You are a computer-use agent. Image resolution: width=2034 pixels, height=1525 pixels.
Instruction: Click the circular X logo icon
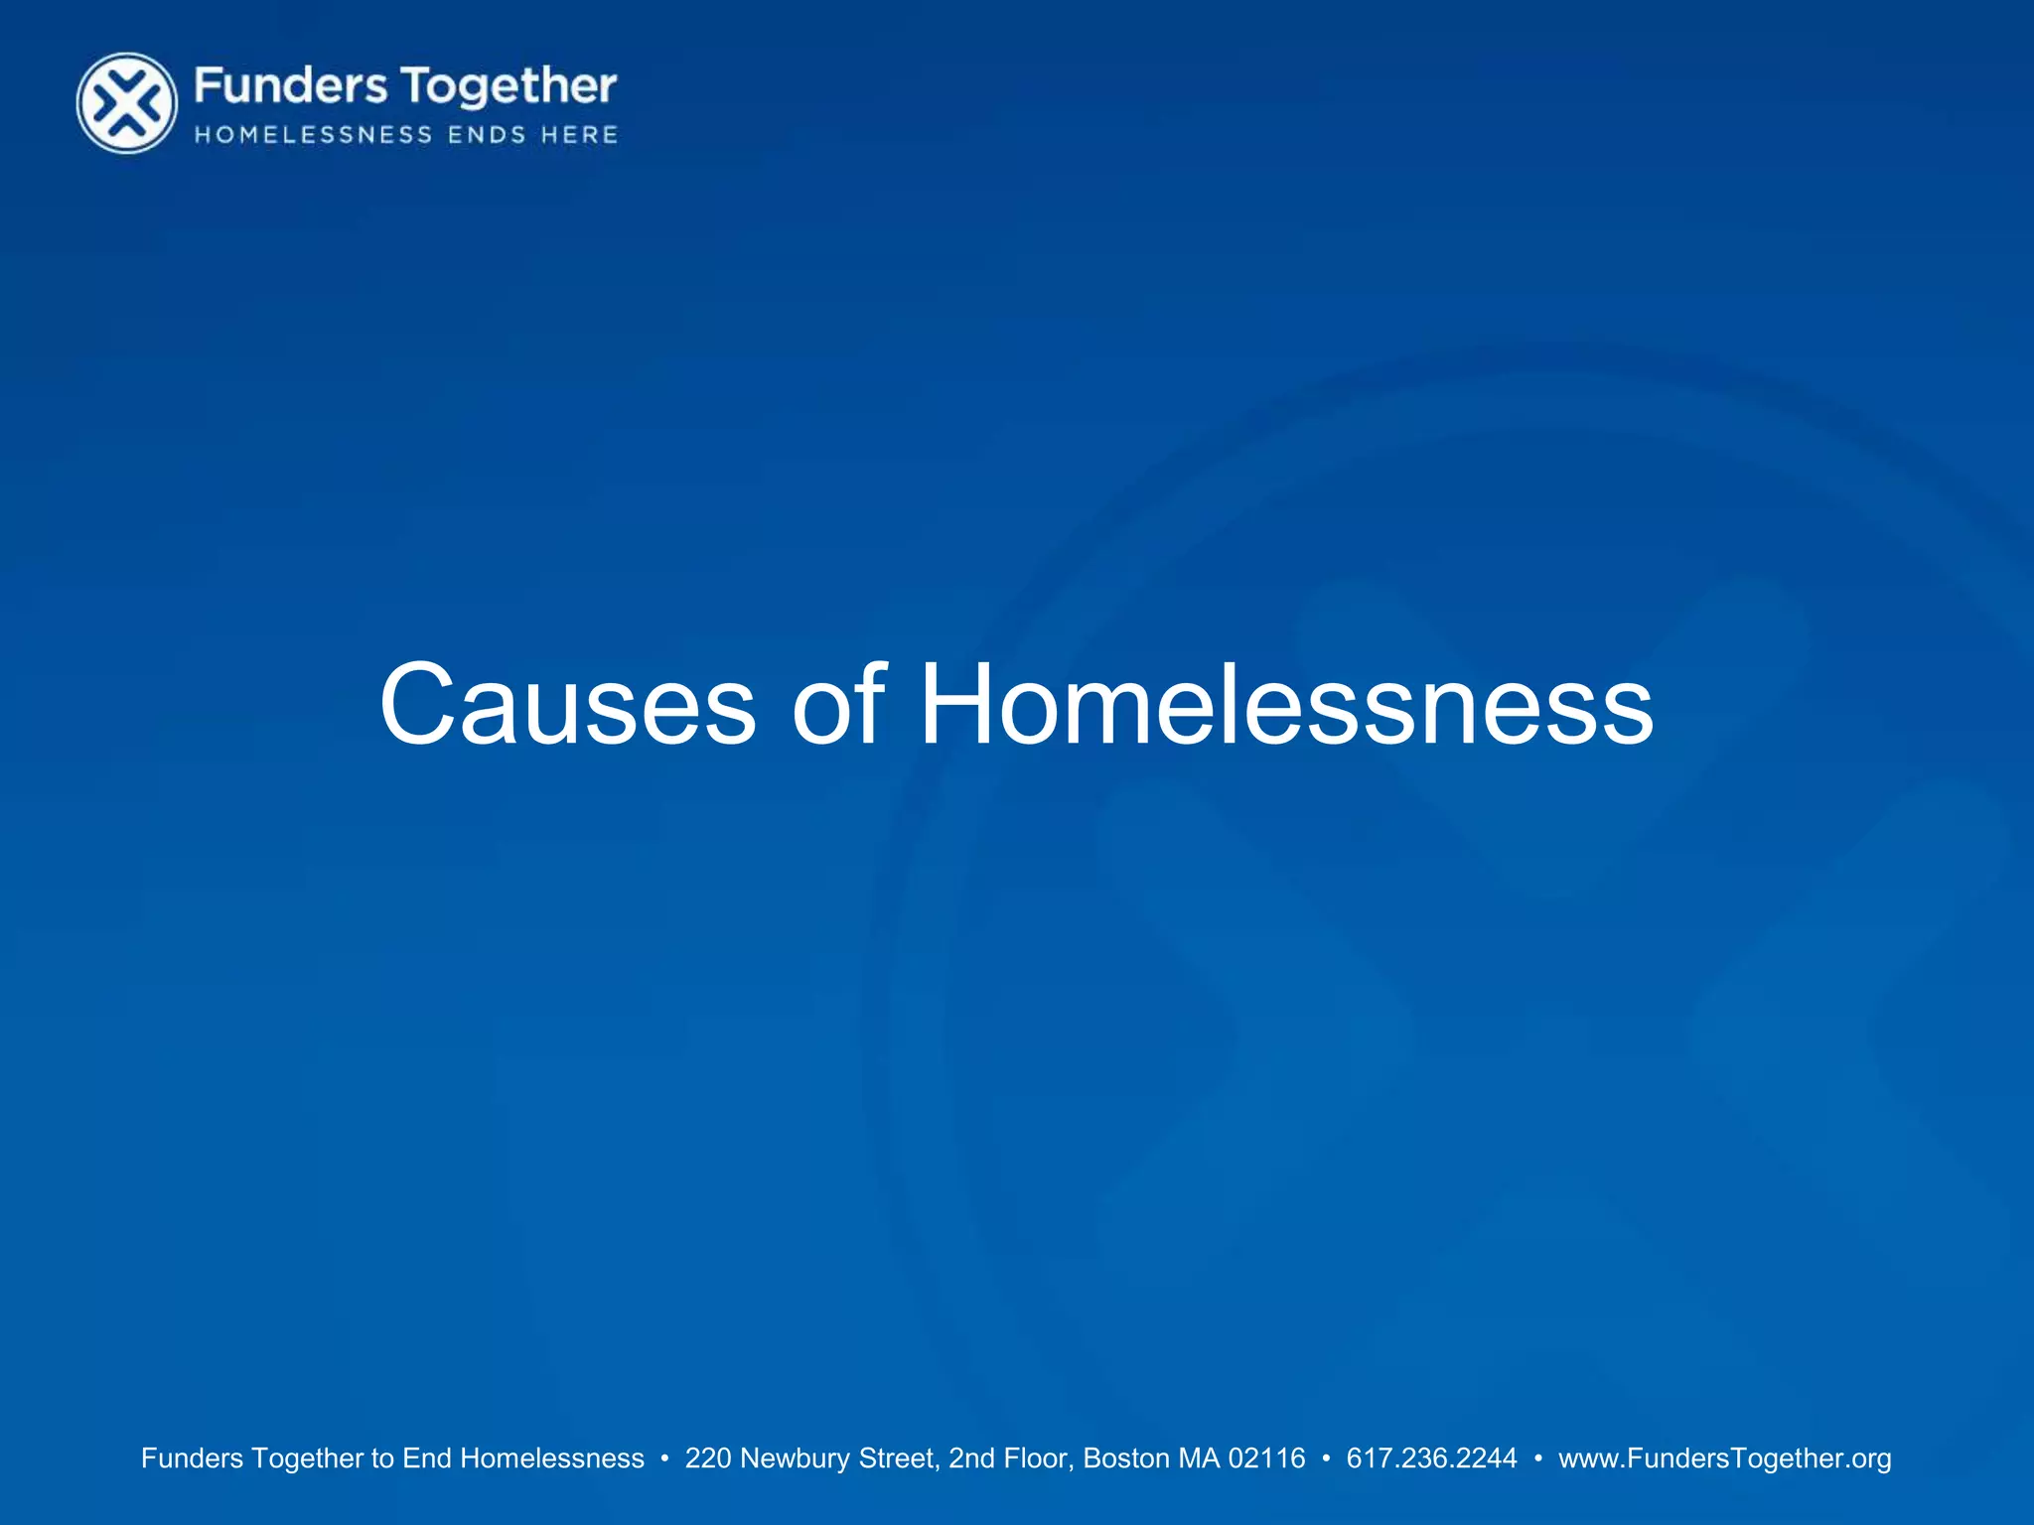coord(127,103)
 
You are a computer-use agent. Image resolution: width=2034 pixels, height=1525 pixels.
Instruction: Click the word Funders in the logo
coord(290,86)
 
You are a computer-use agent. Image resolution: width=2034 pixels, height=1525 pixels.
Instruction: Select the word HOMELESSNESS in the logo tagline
coord(314,135)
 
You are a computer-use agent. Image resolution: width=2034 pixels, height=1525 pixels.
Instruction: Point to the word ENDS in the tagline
coord(487,135)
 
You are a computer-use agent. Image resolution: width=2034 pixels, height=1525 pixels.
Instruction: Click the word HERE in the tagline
coord(580,135)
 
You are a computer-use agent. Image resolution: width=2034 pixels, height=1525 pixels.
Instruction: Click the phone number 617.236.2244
coord(1431,1458)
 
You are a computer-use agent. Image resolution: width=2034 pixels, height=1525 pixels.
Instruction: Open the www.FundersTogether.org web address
coord(1725,1458)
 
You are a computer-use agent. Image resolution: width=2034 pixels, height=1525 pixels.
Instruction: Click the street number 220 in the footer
coord(708,1458)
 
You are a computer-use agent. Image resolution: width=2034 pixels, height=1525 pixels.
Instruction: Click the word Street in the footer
coord(899,1458)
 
